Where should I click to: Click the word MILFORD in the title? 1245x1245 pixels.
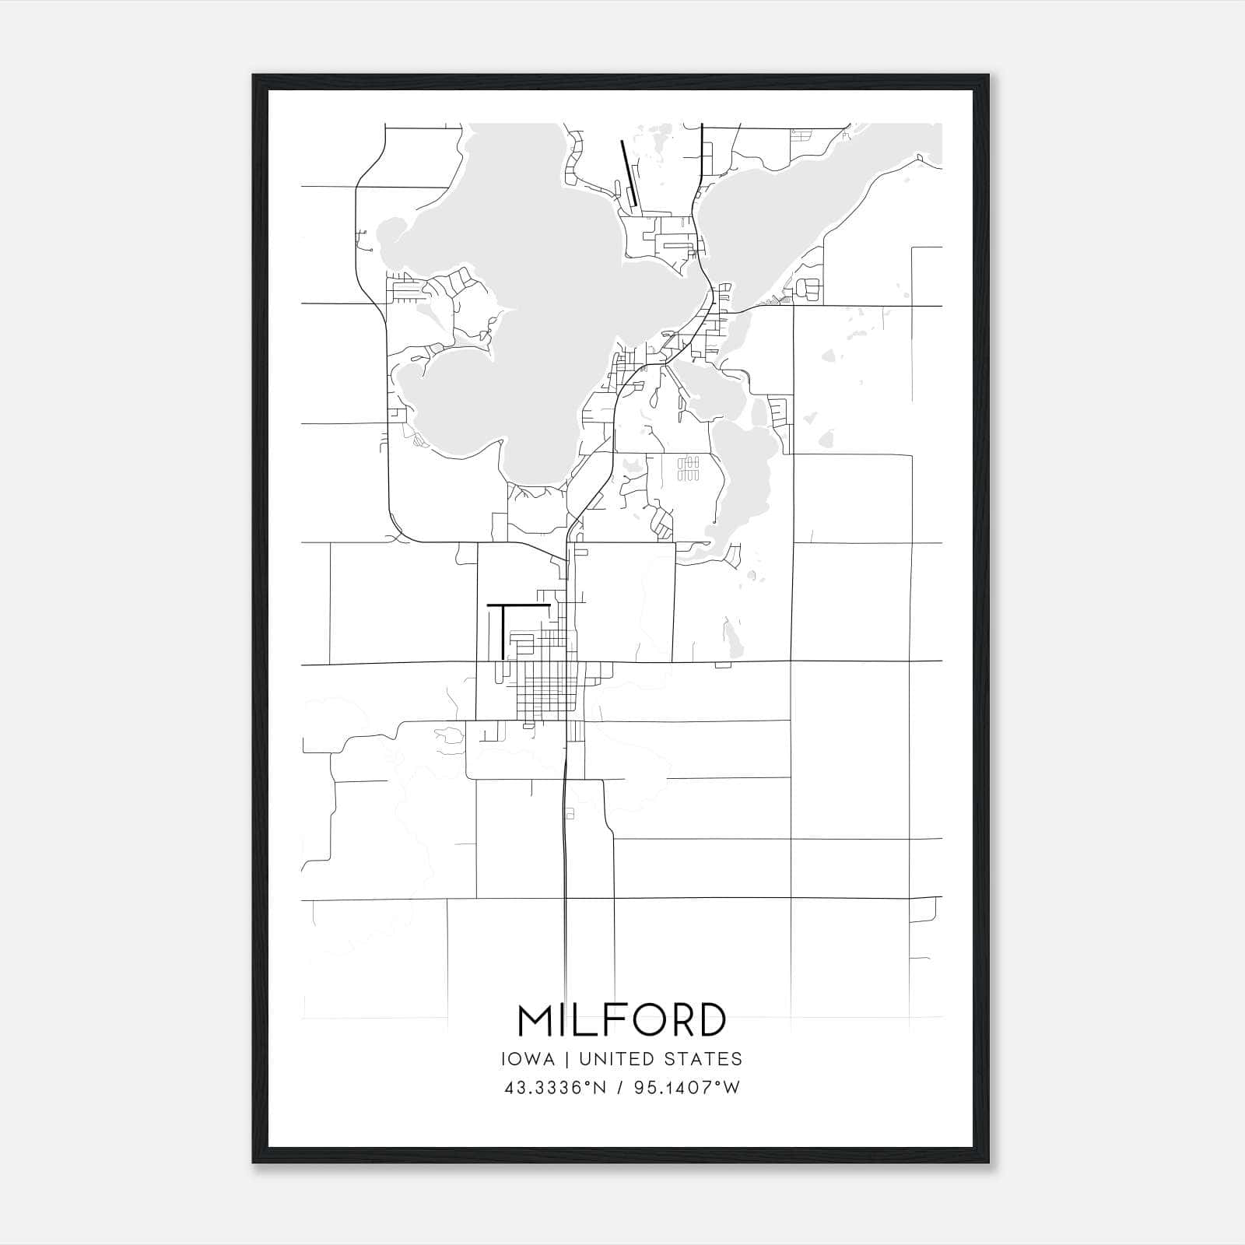point(622,1020)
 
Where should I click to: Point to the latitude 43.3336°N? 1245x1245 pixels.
point(555,1088)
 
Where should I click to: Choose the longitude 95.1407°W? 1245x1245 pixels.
point(687,1088)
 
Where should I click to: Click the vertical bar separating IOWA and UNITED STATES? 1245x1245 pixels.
point(566,1059)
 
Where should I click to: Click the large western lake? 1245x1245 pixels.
point(498,311)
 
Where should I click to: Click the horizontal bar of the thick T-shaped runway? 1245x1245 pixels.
point(518,604)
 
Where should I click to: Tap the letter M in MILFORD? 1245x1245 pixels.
point(536,1020)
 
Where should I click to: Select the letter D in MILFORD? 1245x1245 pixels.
point(711,1020)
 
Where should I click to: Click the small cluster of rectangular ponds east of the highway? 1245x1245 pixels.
point(689,468)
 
